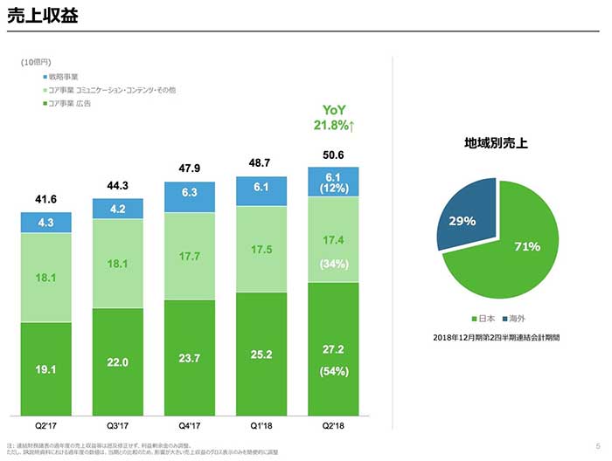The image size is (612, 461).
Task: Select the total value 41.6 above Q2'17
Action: coord(46,200)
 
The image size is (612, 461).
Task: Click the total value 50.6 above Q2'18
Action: coord(333,155)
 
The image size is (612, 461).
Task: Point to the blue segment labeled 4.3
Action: coord(46,223)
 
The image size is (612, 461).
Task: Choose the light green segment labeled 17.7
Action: coord(190,256)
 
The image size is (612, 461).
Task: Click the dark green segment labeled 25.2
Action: coord(261,354)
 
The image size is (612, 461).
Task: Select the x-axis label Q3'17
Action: coord(118,427)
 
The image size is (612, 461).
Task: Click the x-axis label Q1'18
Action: coord(261,427)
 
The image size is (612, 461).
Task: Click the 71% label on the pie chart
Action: coord(526,247)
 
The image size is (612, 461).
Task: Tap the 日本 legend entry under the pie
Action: coord(483,320)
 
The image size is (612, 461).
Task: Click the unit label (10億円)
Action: coord(36,64)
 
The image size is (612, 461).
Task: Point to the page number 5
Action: coord(596,445)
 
